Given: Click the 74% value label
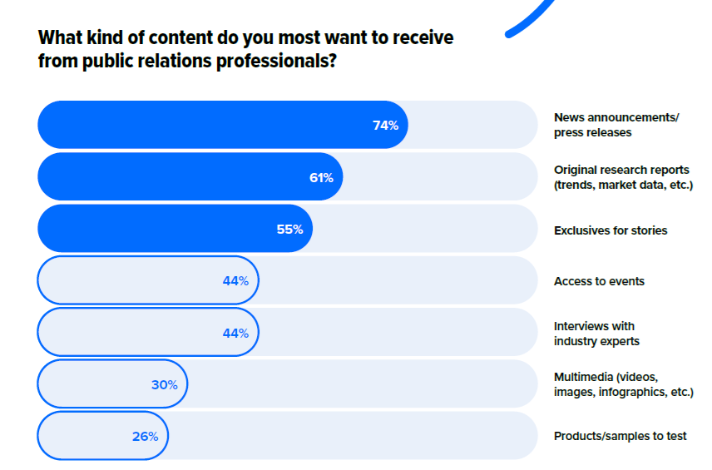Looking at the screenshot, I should (385, 126).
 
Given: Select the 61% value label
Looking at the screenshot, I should (321, 177).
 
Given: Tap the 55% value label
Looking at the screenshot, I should (289, 230).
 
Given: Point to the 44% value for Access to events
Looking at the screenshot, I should (235, 281).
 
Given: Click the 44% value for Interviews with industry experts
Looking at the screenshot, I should (235, 333).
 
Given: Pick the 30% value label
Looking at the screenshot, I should (165, 384).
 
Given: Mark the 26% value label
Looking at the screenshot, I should (145, 436).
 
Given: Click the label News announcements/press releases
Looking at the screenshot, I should (616, 125).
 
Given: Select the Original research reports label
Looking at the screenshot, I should (622, 177).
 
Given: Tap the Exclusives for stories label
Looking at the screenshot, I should (610, 230).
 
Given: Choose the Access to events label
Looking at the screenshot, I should (599, 281).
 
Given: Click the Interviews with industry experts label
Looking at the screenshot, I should (596, 333).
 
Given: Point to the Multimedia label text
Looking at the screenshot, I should (622, 384).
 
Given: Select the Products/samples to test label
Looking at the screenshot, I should (620, 436).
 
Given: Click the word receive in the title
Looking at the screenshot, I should (423, 38).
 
